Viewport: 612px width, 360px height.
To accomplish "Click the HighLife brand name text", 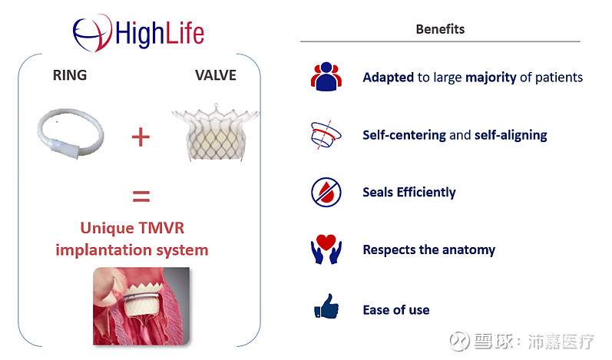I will coord(160,32).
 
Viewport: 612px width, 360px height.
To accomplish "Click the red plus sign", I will coord(141,137).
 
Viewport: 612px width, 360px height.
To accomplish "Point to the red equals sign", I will coord(141,197).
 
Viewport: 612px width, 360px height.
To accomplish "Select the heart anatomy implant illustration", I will coord(141,306).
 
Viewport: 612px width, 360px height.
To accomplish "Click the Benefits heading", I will coord(440,30).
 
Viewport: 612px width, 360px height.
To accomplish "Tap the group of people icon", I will coord(326,77).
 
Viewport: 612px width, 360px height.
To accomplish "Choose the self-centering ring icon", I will coord(326,134).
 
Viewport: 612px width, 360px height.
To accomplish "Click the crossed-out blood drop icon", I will coord(326,192).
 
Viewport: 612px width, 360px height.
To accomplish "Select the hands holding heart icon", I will coord(326,250).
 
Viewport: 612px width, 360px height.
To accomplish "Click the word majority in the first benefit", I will coord(491,78).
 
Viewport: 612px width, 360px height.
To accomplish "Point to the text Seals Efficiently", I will coord(409,193).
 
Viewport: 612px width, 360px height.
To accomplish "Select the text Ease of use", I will coord(395,310).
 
